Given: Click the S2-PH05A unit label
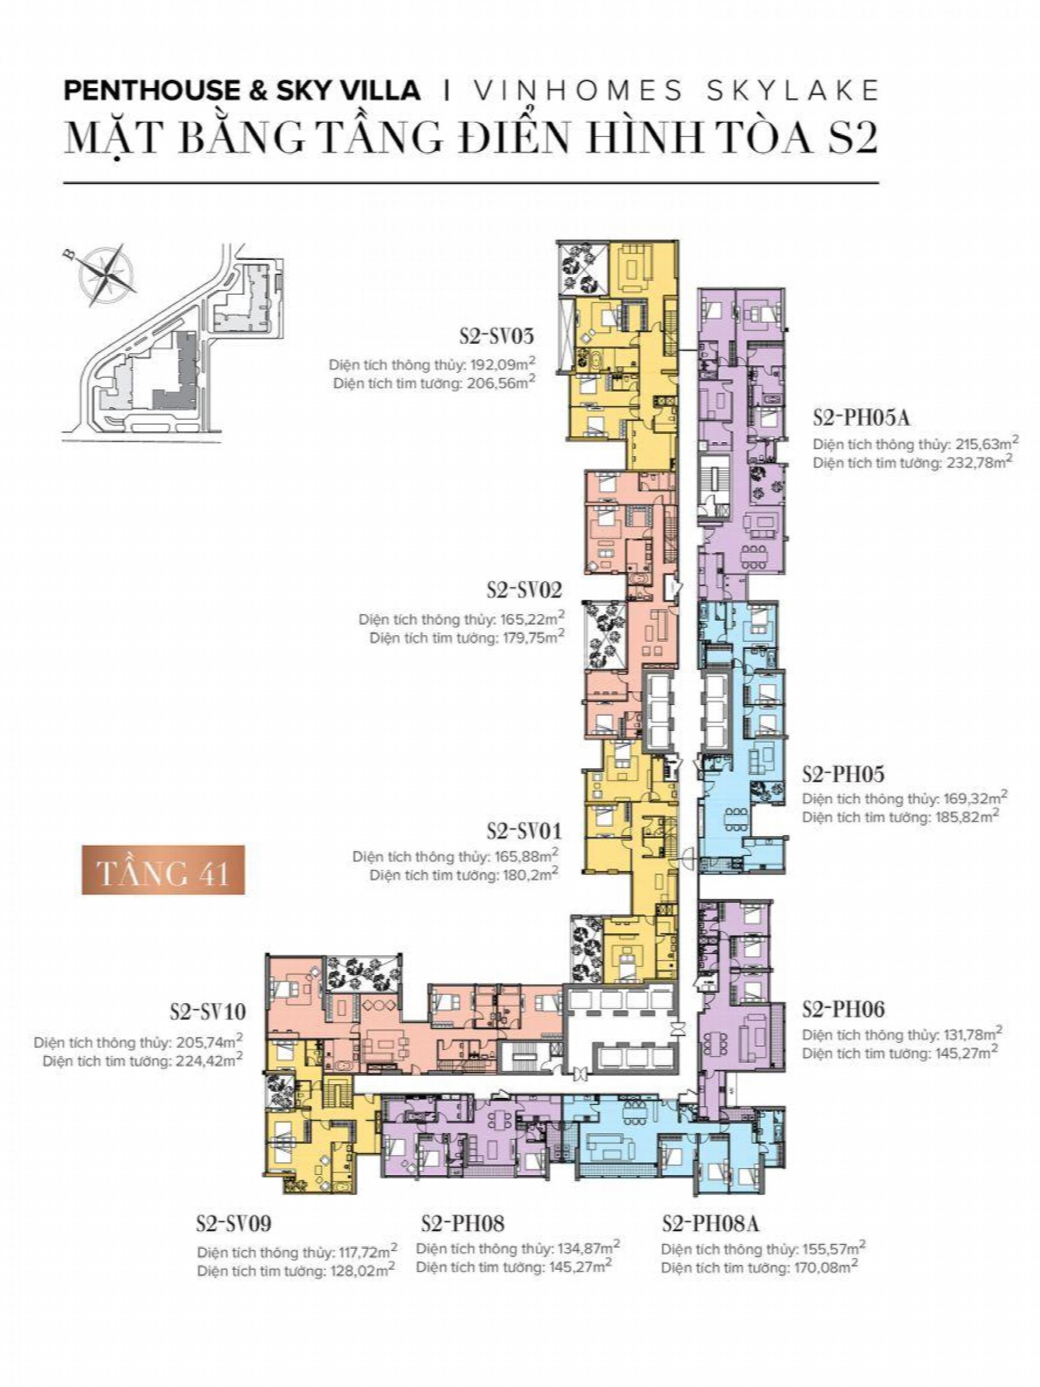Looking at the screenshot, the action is click(x=861, y=417).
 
